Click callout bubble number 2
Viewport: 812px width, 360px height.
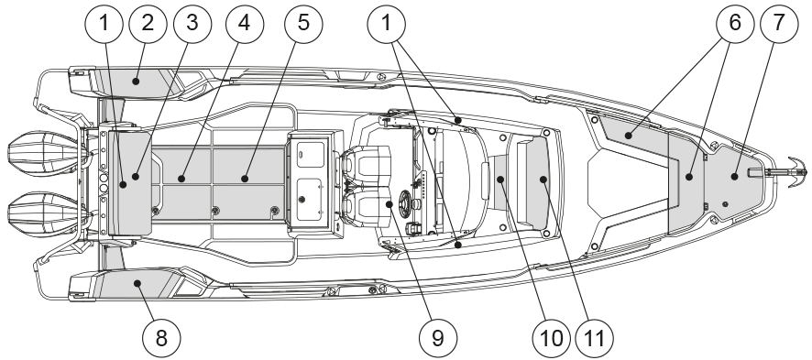[148, 23]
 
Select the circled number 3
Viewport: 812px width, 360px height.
[192, 23]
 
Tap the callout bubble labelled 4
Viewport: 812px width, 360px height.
[245, 23]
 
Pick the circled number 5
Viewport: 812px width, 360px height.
[303, 23]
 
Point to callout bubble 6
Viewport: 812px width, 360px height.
[735, 23]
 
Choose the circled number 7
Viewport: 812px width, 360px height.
[779, 23]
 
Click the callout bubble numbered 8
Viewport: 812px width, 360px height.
[161, 338]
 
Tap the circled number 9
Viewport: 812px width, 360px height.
[437, 338]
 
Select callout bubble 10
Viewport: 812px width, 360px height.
[551, 338]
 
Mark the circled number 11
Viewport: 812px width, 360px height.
[594, 338]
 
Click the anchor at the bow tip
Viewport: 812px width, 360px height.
[794, 170]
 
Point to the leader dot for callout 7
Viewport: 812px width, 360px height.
[734, 177]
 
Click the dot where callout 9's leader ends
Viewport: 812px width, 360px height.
[389, 204]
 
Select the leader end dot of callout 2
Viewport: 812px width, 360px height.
[135, 82]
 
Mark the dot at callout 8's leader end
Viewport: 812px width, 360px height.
[137, 283]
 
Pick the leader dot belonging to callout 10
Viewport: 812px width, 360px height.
[500, 180]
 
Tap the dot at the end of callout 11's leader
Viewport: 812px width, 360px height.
[543, 180]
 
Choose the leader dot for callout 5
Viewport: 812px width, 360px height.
[245, 179]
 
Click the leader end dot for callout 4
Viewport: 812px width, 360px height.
[181, 179]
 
